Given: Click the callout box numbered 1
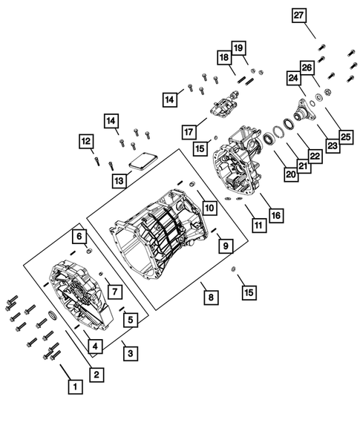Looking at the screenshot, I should pyautogui.click(x=73, y=386).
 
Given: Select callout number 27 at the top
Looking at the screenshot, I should pyautogui.click(x=298, y=16).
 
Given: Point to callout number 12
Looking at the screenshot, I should pyautogui.click(x=86, y=140).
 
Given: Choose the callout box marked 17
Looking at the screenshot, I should pyautogui.click(x=187, y=131).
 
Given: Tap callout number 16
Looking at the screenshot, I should pyautogui.click(x=276, y=215).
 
